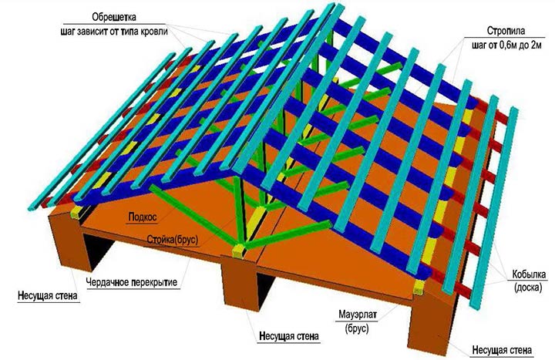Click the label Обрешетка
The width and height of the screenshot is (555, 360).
coord(114,17)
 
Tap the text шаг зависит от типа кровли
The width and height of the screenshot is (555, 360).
coord(114,31)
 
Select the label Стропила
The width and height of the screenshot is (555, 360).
coord(506,31)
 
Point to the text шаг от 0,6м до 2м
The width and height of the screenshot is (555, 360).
coord(506,45)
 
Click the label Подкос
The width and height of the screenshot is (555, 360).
coord(143,217)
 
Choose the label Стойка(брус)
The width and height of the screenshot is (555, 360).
coord(173,241)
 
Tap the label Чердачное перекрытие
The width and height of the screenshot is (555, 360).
coord(132,282)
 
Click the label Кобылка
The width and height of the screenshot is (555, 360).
coord(529,274)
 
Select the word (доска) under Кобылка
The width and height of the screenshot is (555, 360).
coord(529,288)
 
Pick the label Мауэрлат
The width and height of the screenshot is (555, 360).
coord(358,314)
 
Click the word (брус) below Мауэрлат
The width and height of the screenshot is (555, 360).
coord(357,328)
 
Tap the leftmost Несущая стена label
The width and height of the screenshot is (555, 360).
coord(48,295)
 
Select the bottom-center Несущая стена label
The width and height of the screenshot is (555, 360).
coord(289,335)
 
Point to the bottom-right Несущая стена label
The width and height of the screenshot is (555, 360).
coord(502,351)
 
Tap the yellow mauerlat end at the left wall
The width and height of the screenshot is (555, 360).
coord(77,212)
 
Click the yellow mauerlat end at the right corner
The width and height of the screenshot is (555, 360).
coord(419,286)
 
